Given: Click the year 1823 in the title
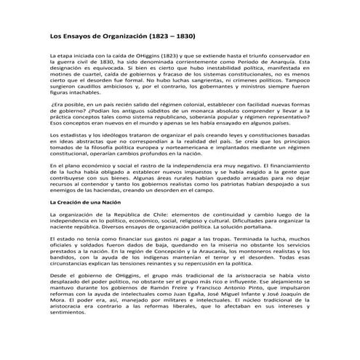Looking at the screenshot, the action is (161, 34).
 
